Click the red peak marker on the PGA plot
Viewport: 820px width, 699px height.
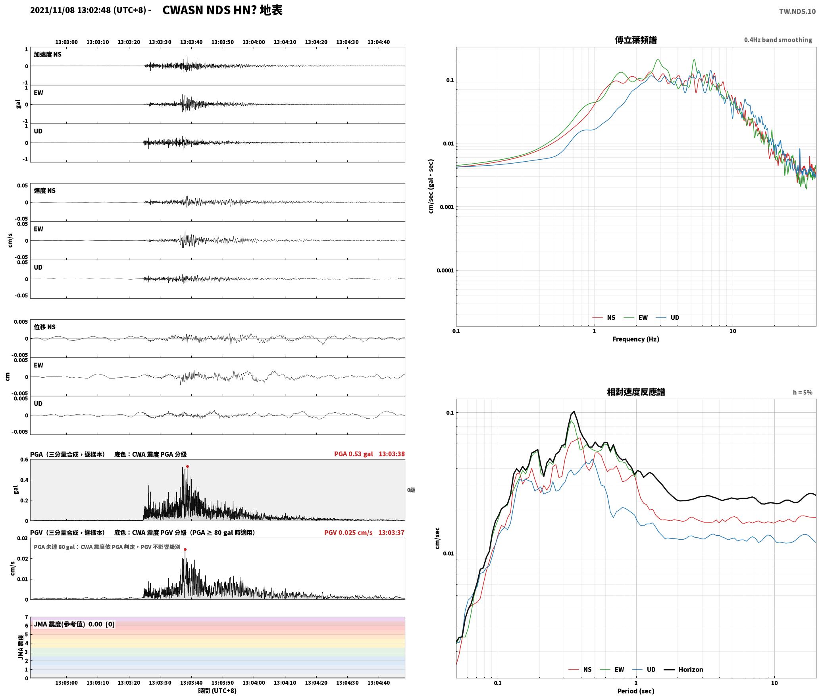pos(187,467)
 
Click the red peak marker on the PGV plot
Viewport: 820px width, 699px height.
pos(185,550)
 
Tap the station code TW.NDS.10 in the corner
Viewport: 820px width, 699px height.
pos(797,11)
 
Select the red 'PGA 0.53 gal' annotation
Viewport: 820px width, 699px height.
pos(353,454)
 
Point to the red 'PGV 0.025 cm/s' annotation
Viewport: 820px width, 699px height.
pos(348,533)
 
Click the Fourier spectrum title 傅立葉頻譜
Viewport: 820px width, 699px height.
pos(635,40)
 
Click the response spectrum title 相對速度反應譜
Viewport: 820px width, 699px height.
pos(636,392)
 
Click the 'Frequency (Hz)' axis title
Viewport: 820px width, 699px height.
pos(635,339)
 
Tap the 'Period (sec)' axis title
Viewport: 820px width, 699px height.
pos(635,691)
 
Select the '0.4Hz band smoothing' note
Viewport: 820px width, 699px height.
pos(778,40)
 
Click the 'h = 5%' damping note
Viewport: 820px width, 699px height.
pos(803,392)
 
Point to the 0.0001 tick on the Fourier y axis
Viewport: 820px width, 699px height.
pos(445,270)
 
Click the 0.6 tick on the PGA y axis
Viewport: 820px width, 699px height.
pos(24,460)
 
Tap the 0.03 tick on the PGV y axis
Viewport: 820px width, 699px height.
pos(23,539)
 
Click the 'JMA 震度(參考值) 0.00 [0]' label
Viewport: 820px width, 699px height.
pos(74,624)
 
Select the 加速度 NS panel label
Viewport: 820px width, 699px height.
pos(48,54)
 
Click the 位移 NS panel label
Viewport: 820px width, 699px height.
pos(44,327)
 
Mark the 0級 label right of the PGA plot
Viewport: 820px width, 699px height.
pos(411,490)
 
